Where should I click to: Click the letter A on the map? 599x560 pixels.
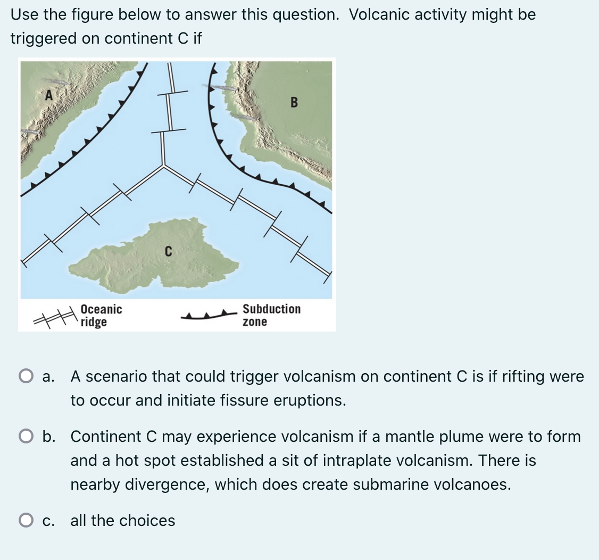coord(49,96)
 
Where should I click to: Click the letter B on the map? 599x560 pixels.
coord(294,102)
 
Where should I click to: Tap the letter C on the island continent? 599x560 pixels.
coord(168,251)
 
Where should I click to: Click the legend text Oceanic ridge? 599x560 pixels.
coord(101,315)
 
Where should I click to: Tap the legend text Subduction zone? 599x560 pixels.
coord(271,315)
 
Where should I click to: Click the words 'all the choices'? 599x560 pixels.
coord(123,521)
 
